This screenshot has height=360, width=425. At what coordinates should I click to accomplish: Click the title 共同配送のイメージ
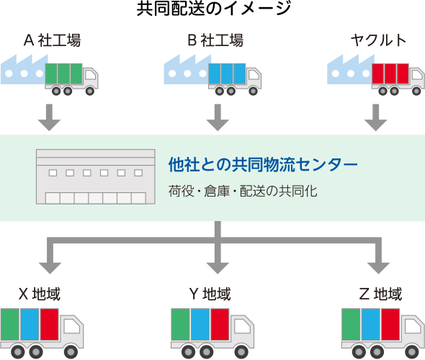click(x=214, y=9)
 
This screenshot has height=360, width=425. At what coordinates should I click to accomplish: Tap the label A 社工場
click(x=52, y=40)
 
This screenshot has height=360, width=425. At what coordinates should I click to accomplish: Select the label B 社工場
click(x=215, y=40)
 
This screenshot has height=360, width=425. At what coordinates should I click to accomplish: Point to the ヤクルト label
click(x=378, y=40)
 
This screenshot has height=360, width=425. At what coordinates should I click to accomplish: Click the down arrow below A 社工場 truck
click(x=49, y=117)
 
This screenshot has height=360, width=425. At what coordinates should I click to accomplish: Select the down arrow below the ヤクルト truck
click(x=376, y=117)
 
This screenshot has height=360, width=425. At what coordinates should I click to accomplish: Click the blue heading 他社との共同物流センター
click(x=263, y=164)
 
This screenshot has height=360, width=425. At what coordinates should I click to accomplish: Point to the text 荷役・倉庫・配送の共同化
click(x=243, y=191)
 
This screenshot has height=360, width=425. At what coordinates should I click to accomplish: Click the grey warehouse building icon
click(x=96, y=176)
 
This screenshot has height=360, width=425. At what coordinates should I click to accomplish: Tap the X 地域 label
click(x=40, y=294)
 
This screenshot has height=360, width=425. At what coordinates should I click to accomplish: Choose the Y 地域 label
click(x=210, y=294)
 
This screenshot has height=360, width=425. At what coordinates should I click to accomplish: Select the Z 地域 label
click(x=380, y=294)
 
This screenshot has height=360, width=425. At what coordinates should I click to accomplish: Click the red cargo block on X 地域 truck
click(x=50, y=324)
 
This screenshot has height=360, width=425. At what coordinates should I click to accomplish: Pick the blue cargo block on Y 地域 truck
click(x=200, y=324)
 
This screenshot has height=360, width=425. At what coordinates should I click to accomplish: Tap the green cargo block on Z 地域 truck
click(x=351, y=324)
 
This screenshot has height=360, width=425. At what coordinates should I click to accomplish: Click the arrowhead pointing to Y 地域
click(x=218, y=268)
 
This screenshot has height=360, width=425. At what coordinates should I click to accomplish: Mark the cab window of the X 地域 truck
click(x=72, y=326)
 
